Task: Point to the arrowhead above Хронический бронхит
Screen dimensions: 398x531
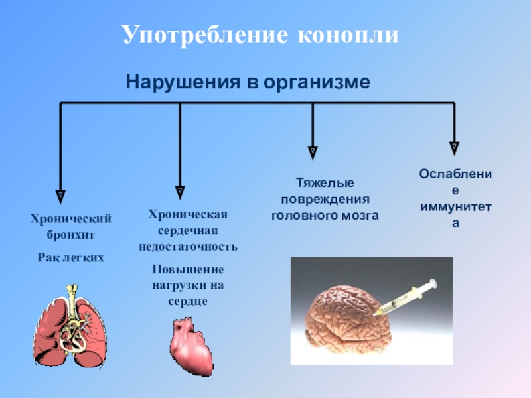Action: [x=60, y=194]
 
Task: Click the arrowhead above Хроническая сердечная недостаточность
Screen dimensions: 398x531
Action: [x=180, y=191]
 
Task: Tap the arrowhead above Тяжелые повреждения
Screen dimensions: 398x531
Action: [x=313, y=151]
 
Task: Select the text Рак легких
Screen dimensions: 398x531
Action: [x=71, y=255]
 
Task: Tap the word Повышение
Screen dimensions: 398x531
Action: [x=188, y=269]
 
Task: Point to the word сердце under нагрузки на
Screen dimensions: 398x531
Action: [x=188, y=300]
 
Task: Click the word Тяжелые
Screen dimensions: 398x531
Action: [x=325, y=182]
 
